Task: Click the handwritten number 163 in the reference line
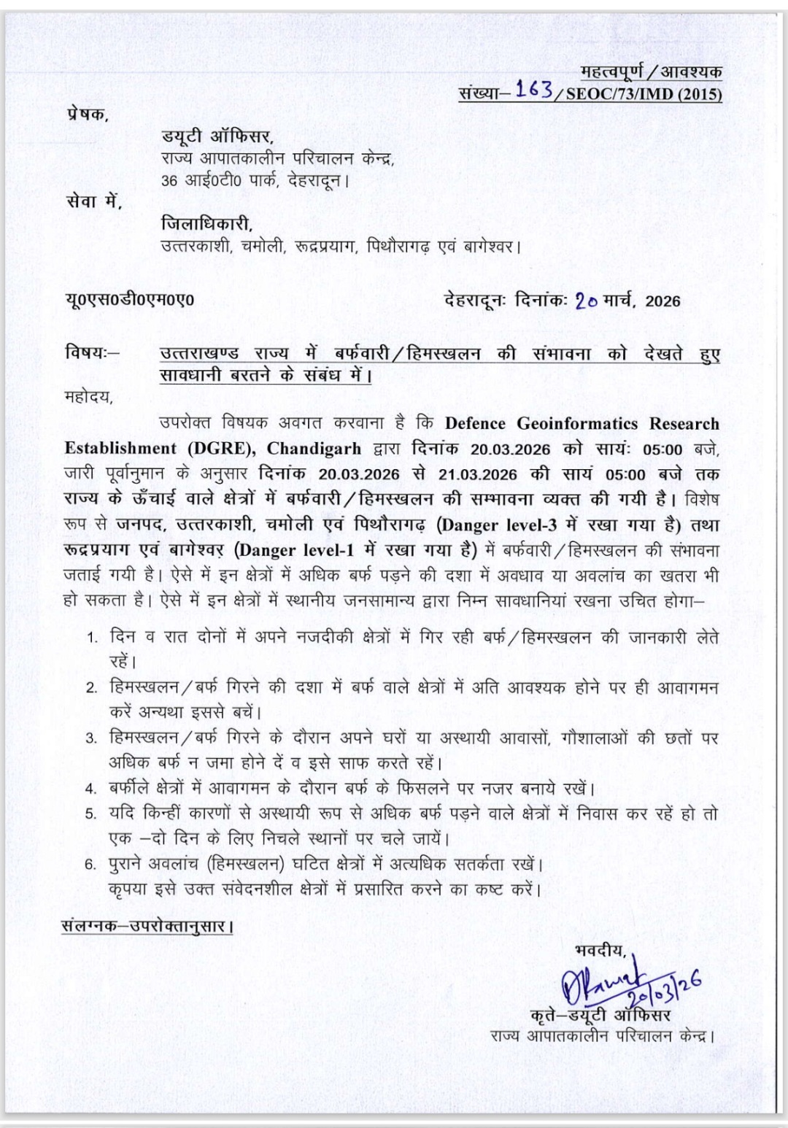(534, 89)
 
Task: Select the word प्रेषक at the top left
(86, 114)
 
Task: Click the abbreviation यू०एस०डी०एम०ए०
(129, 299)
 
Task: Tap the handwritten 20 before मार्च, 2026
(586, 300)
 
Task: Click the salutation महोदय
(88, 398)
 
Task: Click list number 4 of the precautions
(91, 789)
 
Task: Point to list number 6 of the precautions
(91, 865)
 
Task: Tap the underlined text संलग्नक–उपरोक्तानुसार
(147, 927)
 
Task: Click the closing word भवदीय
(600, 950)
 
